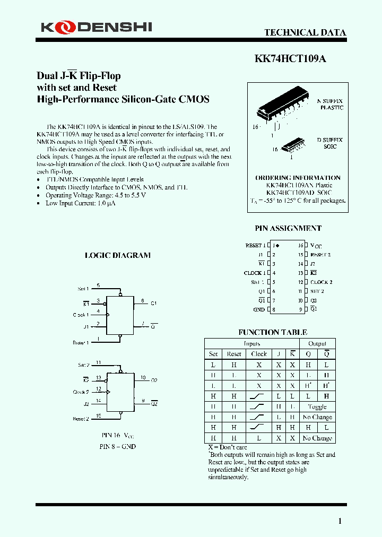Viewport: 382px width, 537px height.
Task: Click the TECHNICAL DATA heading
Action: [x=305, y=32]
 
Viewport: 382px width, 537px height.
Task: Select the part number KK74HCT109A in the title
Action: [x=290, y=59]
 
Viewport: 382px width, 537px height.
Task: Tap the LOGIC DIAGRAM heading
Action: [x=118, y=255]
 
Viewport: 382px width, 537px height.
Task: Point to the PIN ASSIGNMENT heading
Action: [x=288, y=228]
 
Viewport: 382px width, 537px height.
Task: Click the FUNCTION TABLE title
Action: [x=273, y=332]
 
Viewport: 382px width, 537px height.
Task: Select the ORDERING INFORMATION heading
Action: [x=298, y=178]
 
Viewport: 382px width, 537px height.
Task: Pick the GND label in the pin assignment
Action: [x=259, y=309]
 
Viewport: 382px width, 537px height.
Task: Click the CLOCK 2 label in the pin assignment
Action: [x=322, y=282]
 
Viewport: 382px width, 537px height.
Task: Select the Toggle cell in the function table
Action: [x=317, y=407]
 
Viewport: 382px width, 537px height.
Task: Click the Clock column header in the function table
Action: [x=259, y=354]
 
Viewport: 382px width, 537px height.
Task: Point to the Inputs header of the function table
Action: [x=251, y=344]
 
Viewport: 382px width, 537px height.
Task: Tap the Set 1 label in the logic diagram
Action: [x=83, y=289]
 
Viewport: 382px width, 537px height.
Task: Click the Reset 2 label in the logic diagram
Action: [x=81, y=419]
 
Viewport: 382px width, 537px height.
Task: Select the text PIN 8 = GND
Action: [x=118, y=446]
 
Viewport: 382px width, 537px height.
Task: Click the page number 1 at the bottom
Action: [x=340, y=521]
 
